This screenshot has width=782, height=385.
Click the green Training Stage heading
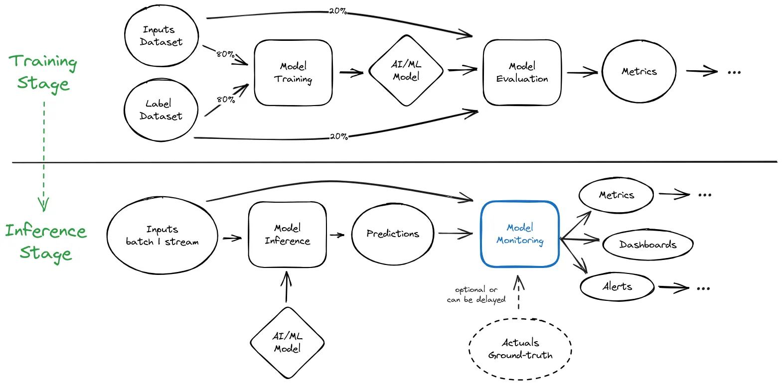point(43,73)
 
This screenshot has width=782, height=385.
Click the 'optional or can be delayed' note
point(476,295)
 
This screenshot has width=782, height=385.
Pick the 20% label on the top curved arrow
point(338,11)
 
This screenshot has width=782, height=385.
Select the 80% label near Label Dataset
point(226,100)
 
